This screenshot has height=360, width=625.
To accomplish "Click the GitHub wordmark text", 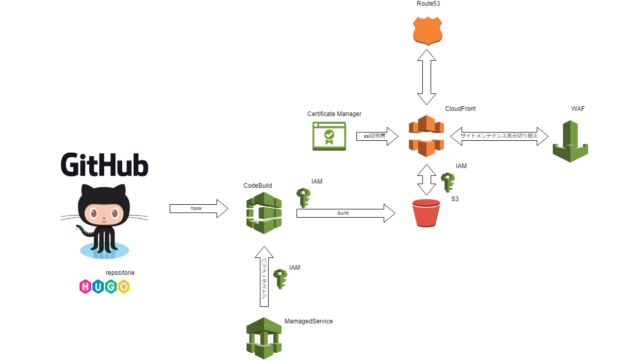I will coord(105,165).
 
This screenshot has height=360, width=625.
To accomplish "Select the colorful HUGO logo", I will coord(104,287).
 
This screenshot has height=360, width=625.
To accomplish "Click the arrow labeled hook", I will coord(199,208).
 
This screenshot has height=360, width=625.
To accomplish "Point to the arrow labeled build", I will coord(346,213).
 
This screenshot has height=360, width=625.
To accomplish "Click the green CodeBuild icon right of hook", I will coord(264,212).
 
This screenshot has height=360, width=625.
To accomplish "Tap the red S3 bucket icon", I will coord(426,213).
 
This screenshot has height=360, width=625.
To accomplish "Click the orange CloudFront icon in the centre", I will coord(426,136).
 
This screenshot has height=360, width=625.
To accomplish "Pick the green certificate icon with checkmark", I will coord(329,136).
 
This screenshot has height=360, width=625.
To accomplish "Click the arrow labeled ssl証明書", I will coord(377,136).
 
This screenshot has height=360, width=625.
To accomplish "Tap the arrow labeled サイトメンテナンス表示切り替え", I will coord(499,136).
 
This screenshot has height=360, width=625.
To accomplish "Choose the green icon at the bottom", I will coord(264,338).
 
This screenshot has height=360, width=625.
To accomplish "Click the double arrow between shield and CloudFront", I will coord(427,77).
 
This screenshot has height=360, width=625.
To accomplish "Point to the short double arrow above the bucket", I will coord(426,179).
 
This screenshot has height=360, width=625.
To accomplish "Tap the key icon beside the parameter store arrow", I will coord(280,279).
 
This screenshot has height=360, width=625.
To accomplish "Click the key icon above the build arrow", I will coord(303,198).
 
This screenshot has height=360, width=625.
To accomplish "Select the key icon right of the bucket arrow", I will coord(448,182).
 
